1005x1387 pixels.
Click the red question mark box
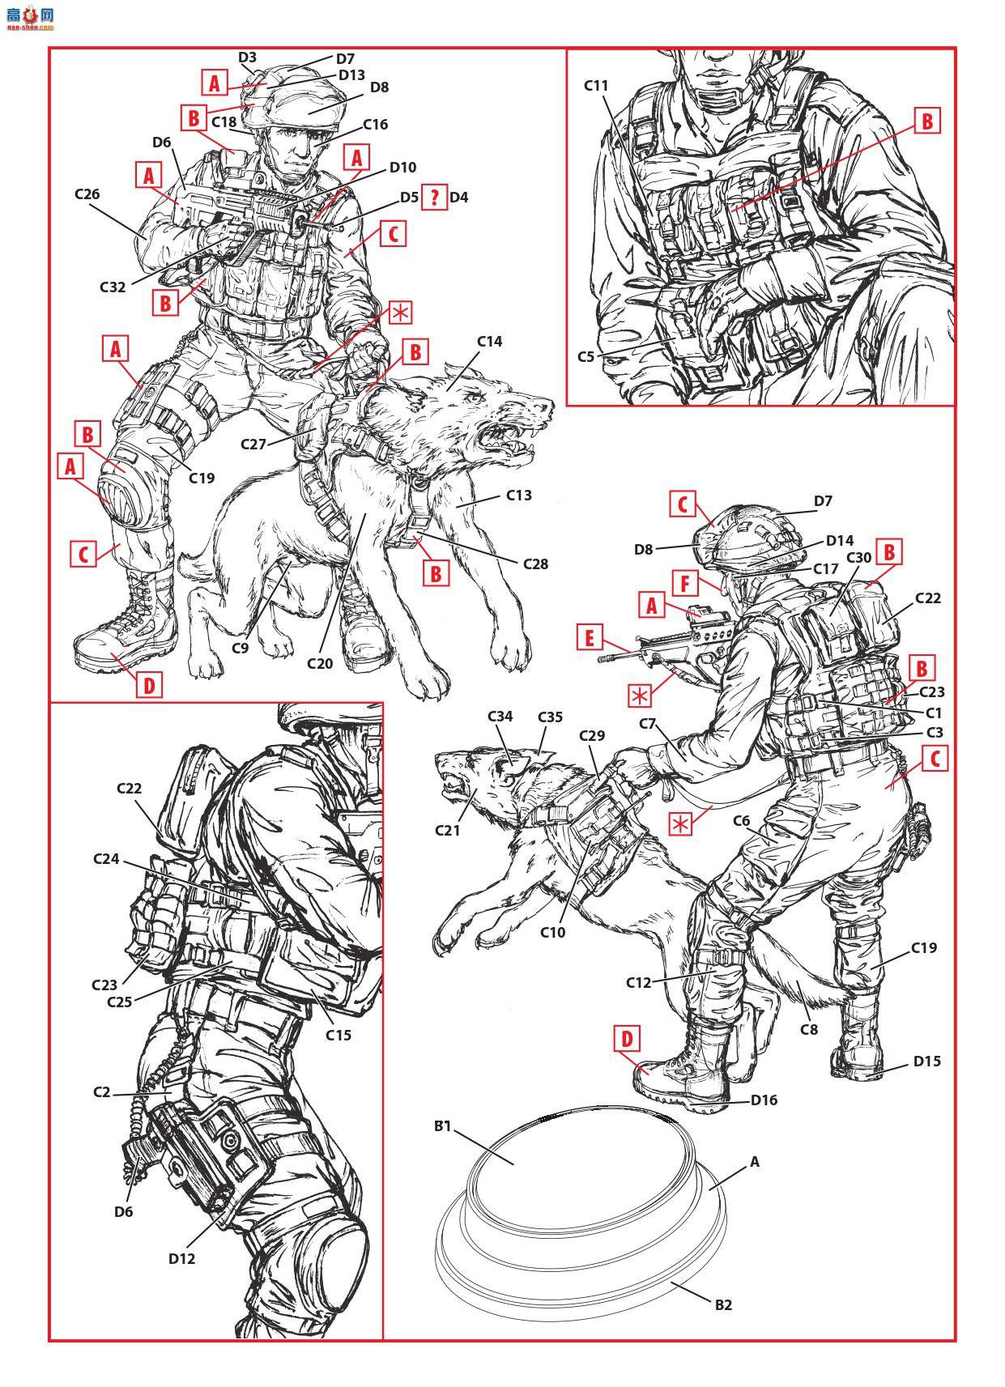pos(435,197)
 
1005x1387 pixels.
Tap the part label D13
pos(351,75)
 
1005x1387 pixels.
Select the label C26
pos(87,194)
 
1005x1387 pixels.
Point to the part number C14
pos(489,341)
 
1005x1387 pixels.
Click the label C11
pos(596,86)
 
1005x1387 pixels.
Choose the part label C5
pos(586,356)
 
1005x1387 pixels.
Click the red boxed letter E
pos(590,638)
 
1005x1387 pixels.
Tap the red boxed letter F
pos(685,583)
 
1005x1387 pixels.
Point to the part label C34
pos(500,717)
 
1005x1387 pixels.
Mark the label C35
pos(550,717)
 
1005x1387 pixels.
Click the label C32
pos(112,287)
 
